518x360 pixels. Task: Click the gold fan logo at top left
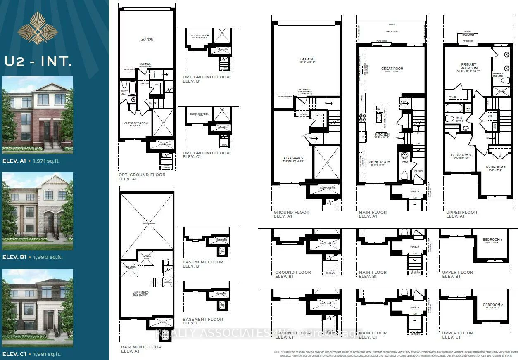point(38,28)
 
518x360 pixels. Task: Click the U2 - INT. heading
point(38,62)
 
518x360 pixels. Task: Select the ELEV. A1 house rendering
point(38,114)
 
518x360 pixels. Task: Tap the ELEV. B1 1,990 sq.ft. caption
point(32,257)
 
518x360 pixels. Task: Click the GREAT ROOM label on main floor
point(392,69)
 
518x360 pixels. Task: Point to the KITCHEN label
point(382,135)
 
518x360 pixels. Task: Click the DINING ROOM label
point(379,162)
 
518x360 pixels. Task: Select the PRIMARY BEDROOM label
point(468,66)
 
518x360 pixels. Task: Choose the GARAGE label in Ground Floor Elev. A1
point(307,59)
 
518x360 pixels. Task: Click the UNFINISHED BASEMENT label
point(141,294)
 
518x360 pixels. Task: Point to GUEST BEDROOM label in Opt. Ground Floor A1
point(136,123)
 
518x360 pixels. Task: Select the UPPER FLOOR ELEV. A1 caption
point(461,214)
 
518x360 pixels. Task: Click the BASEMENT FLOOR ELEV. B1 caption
point(202,264)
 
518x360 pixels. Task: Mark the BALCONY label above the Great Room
point(392,31)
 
